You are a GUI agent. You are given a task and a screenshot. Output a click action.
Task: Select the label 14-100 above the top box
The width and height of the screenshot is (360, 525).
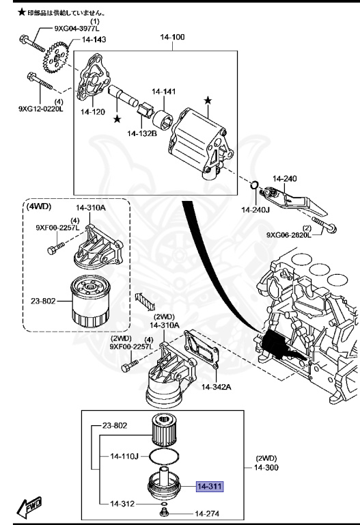172,37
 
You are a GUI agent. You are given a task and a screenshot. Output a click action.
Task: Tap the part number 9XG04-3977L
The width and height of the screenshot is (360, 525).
77,29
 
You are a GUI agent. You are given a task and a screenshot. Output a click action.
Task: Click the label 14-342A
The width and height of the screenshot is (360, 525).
217,387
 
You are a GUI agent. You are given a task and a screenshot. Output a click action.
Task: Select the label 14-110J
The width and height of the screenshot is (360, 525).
125,455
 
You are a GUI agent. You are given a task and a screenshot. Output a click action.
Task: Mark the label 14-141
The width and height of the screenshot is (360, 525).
164,91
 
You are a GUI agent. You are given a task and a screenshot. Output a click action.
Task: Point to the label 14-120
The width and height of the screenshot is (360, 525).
92,111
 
